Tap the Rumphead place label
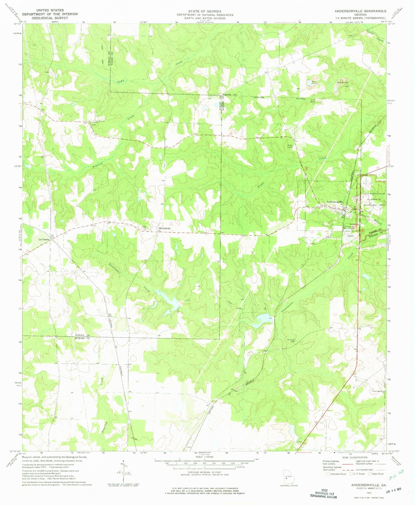(164, 228)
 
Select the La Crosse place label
(44, 239)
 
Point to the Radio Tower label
(290, 146)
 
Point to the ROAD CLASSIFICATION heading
(355, 457)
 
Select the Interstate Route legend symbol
(328, 474)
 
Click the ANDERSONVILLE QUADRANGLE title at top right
(360, 11)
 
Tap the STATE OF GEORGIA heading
(205, 11)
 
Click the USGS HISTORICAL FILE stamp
(324, 493)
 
